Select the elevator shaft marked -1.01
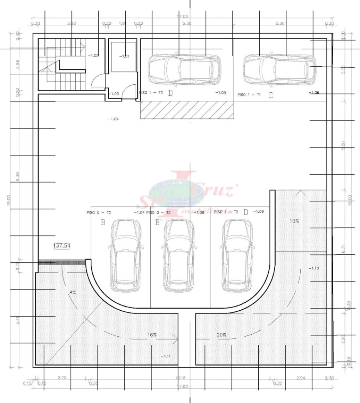click(x=124, y=56)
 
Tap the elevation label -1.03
click(x=114, y=94)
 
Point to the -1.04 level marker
click(x=113, y=119)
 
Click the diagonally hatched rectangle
click(x=187, y=110)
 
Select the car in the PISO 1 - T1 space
click(x=279, y=70)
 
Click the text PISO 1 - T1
click(x=249, y=95)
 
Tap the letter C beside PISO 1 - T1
click(x=271, y=95)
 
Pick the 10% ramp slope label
click(x=294, y=221)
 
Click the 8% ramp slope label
click(x=72, y=292)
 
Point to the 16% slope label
click(x=152, y=335)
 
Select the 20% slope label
click(x=222, y=335)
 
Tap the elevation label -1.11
click(x=166, y=355)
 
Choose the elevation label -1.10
click(x=314, y=268)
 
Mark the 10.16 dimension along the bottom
click(x=180, y=377)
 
